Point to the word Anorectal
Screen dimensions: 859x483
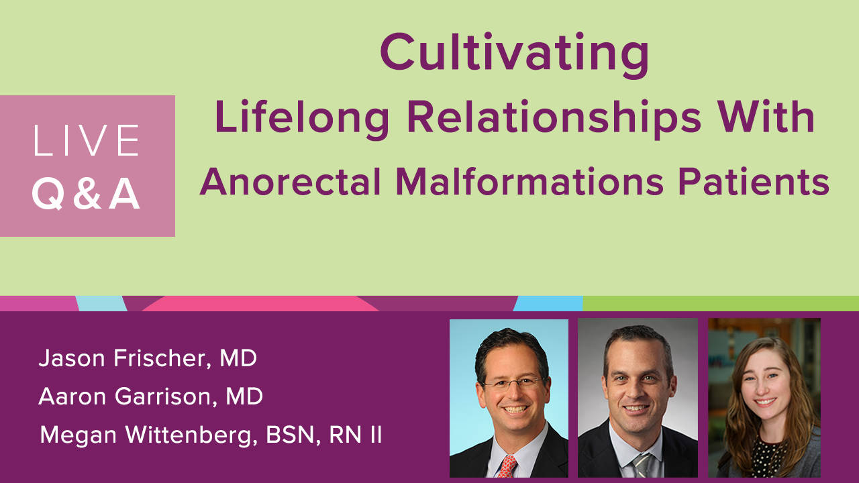tap(291, 182)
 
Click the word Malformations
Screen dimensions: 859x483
tap(529, 182)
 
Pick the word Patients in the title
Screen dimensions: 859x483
tap(754, 182)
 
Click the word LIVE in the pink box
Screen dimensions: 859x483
tap(87, 140)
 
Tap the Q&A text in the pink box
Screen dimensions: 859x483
tap(86, 194)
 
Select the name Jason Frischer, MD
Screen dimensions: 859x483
tap(148, 358)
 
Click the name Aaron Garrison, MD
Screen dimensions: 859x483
tap(151, 396)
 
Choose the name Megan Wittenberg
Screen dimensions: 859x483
tap(149, 435)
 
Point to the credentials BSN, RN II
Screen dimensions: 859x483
tap(323, 435)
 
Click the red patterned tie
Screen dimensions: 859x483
tap(507, 466)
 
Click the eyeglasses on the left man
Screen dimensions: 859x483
tap(513, 383)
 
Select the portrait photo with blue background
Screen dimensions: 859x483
tap(509, 398)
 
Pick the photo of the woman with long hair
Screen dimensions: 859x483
tap(764, 398)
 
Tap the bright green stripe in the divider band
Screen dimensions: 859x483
tap(721, 303)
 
